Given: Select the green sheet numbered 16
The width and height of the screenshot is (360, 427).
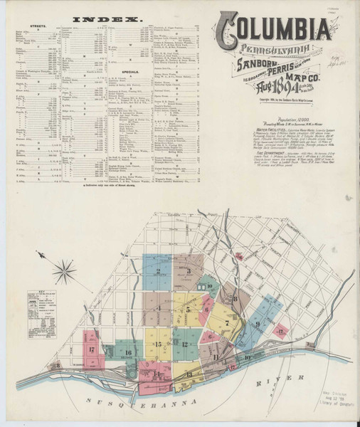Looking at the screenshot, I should (x=127, y=352).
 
